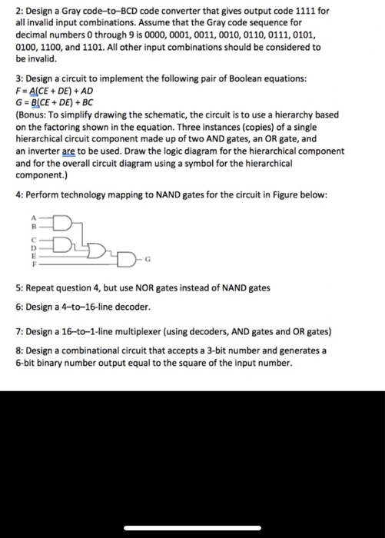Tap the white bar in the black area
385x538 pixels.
pos(192,526)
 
